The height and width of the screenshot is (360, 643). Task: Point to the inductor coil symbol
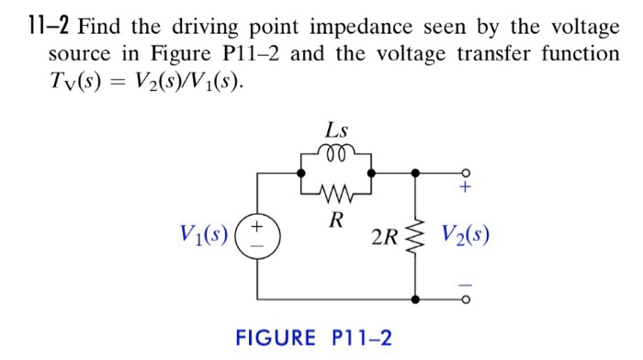click(335, 152)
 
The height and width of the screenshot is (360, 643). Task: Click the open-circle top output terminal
click(466, 172)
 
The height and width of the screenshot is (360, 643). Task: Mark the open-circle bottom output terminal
click(466, 299)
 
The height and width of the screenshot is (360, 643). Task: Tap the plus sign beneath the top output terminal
click(466, 189)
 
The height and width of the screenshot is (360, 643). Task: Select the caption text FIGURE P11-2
click(313, 339)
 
